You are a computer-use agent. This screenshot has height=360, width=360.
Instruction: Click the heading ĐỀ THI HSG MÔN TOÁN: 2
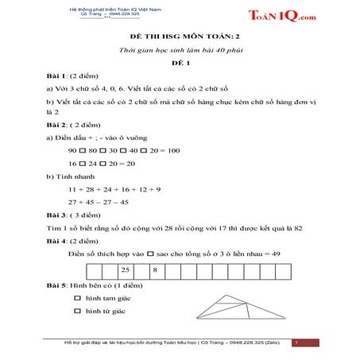click(179, 38)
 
